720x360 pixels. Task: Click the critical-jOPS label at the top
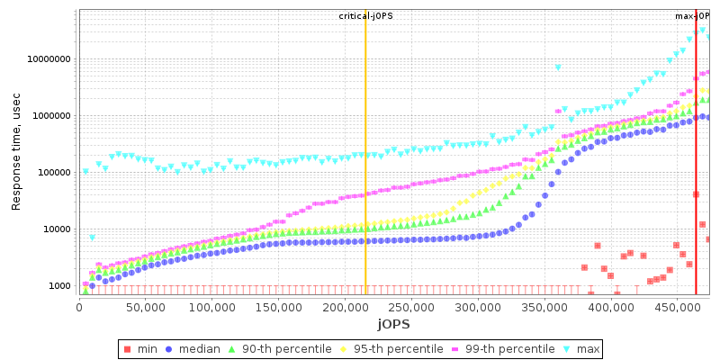click(365, 16)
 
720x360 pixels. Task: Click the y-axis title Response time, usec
click(16, 152)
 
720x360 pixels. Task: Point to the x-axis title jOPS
click(393, 324)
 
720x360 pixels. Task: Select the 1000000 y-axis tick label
click(52, 116)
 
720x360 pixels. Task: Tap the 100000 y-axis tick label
click(55, 173)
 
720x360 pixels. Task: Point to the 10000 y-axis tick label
click(58, 229)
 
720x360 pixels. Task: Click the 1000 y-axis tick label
click(60, 286)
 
